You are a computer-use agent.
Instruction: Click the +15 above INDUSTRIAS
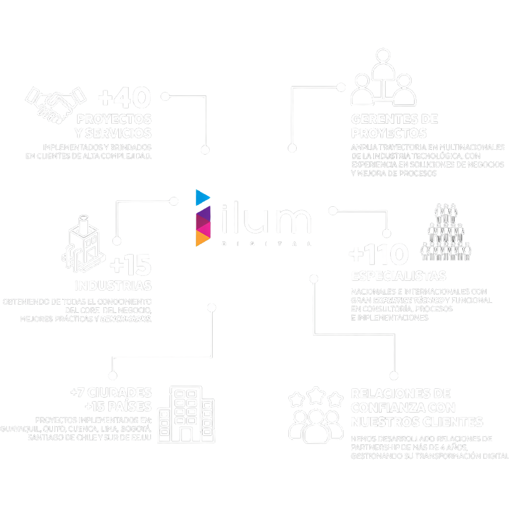click(x=130, y=266)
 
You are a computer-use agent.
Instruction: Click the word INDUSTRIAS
click(x=113, y=286)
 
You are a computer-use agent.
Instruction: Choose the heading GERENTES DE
click(x=394, y=119)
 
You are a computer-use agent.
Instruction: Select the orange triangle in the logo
click(x=201, y=240)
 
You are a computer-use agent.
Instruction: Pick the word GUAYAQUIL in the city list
click(x=20, y=429)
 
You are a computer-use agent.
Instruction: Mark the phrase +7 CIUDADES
click(x=111, y=392)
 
